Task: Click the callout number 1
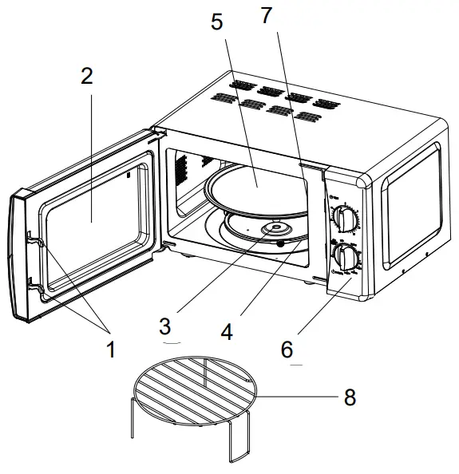[x=110, y=350]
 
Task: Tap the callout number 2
[x=86, y=77]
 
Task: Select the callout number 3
[x=164, y=327]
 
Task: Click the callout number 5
[x=217, y=22]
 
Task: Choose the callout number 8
[x=350, y=397]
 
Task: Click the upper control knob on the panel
[x=346, y=218]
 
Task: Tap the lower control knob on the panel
[x=346, y=257]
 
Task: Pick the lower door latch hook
[x=32, y=282]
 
